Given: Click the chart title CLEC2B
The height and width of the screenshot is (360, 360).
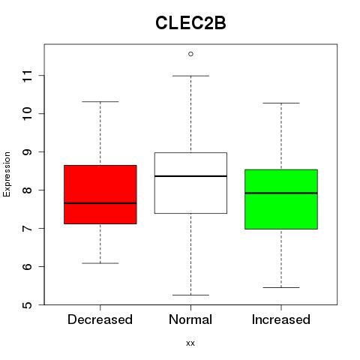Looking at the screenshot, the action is click(x=190, y=23).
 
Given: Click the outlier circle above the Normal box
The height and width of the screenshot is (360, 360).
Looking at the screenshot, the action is click(x=190, y=54).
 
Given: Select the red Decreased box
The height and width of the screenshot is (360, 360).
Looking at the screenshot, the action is click(x=100, y=194).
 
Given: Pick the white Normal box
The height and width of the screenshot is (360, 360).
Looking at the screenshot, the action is click(x=190, y=183).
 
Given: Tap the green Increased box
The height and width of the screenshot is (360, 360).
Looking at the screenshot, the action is click(x=281, y=199).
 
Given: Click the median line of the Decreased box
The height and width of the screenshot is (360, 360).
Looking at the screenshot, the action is click(x=100, y=203).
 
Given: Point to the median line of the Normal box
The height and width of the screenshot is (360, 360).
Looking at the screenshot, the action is click(x=190, y=176).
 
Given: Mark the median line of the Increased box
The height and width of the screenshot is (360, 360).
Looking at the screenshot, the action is click(x=281, y=193).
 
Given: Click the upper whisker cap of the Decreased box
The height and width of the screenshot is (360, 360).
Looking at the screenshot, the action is click(x=100, y=102).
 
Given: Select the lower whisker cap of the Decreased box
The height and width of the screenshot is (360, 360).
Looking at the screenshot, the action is click(x=100, y=263).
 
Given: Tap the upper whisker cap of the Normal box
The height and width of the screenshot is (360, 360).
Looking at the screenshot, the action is click(x=190, y=76).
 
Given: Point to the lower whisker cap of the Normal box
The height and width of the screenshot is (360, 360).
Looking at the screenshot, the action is click(x=190, y=295).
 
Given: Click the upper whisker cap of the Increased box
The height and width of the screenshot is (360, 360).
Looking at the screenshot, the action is click(x=281, y=103).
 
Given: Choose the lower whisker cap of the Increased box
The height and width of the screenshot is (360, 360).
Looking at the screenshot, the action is click(x=281, y=287).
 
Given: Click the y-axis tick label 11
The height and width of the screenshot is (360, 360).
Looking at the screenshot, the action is click(x=28, y=76).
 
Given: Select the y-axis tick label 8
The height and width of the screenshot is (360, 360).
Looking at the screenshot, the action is click(x=28, y=190).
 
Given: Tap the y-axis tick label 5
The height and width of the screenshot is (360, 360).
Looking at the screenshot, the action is click(x=28, y=304).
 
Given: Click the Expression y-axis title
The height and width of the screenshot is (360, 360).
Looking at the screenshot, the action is click(x=7, y=174).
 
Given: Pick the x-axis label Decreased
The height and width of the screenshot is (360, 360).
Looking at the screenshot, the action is click(x=100, y=319).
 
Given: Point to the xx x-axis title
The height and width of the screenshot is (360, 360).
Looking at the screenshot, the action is click(x=190, y=343).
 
